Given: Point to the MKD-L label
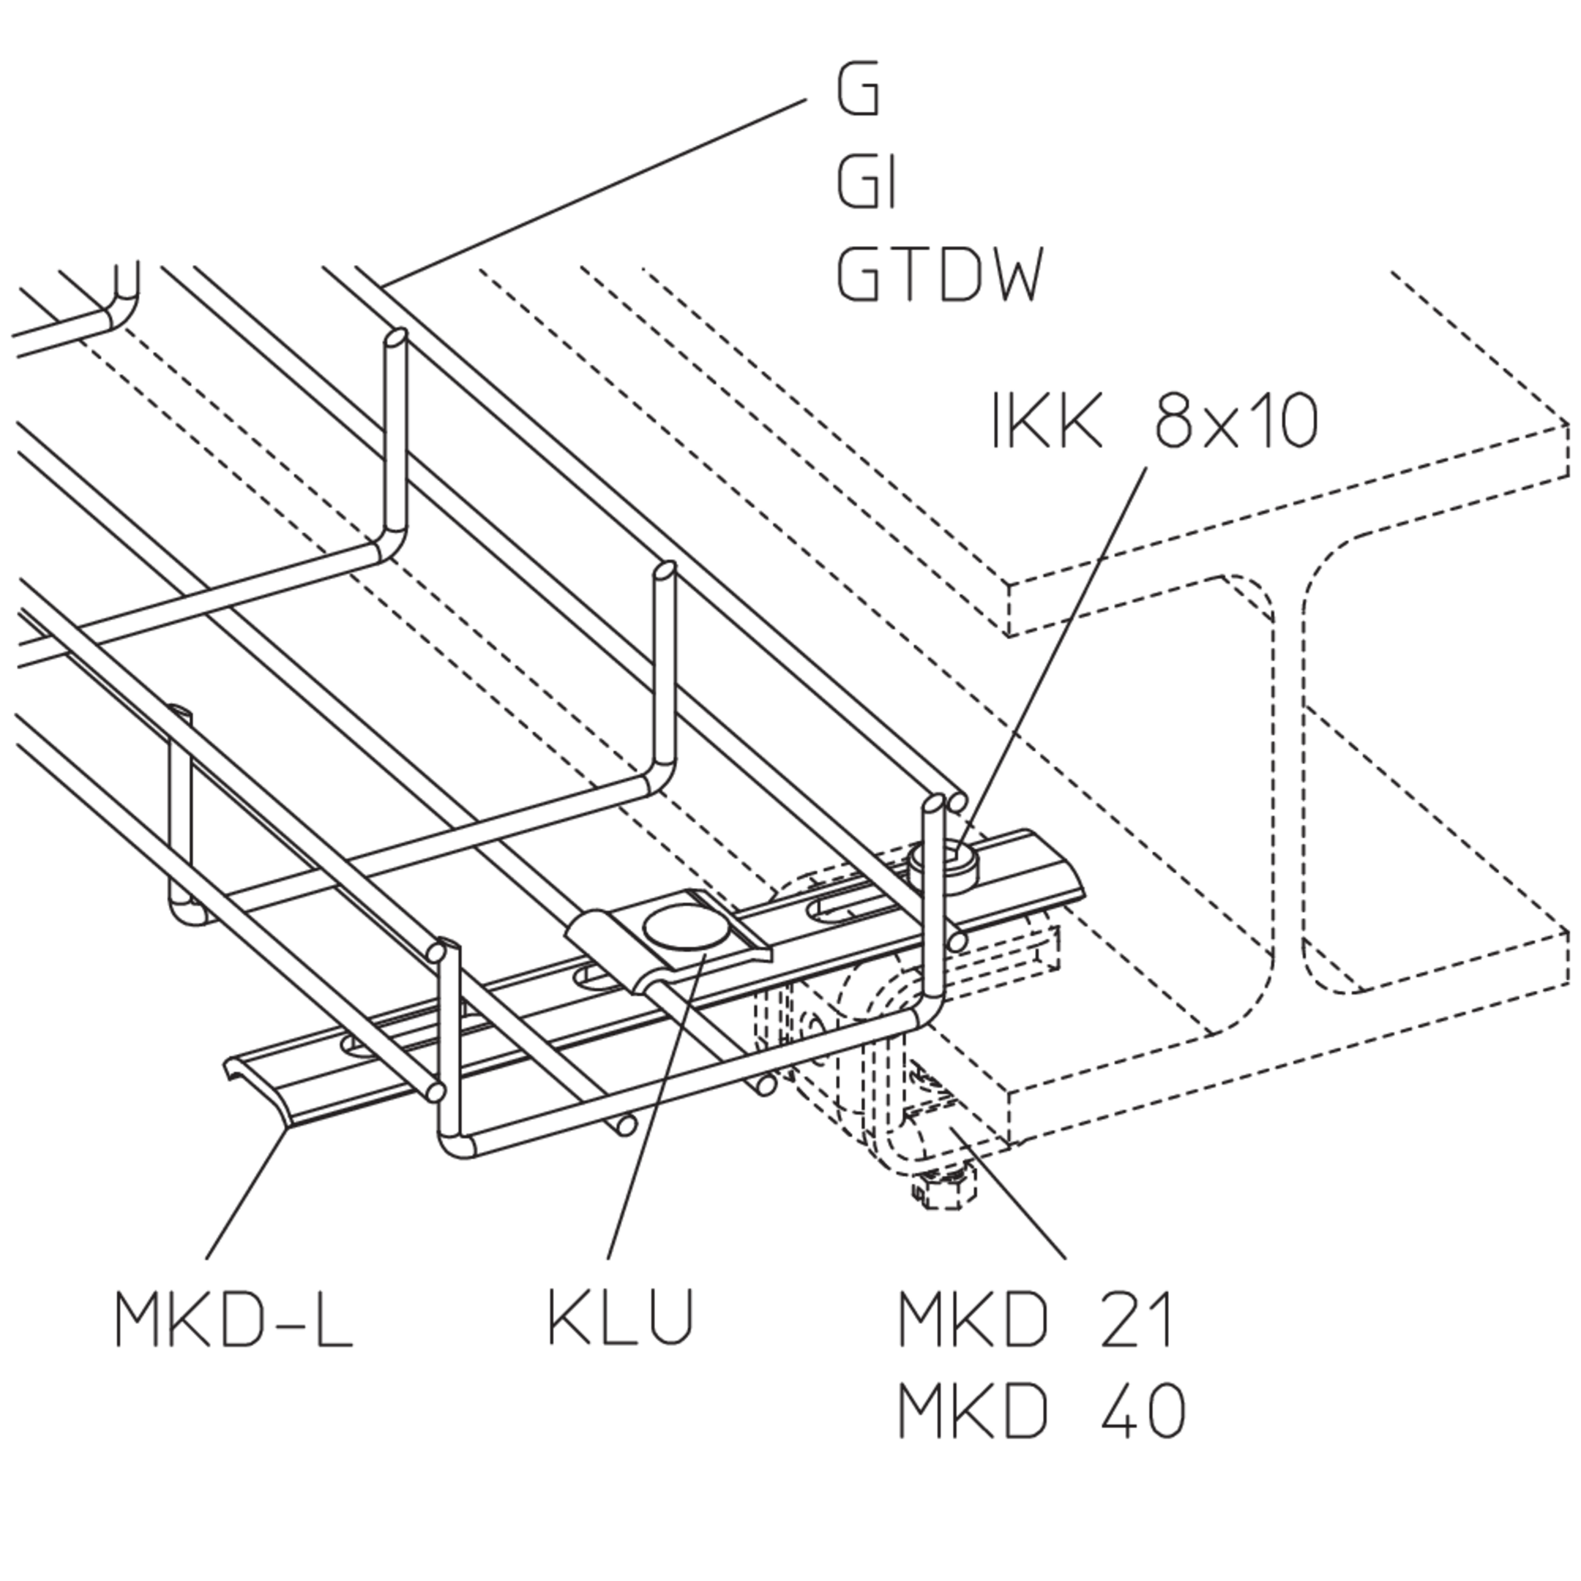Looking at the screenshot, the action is (x=233, y=1318).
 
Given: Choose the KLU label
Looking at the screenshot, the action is (x=620, y=1318).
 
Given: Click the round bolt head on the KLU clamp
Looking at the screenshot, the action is (x=686, y=929).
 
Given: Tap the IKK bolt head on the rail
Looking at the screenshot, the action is (x=943, y=864).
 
